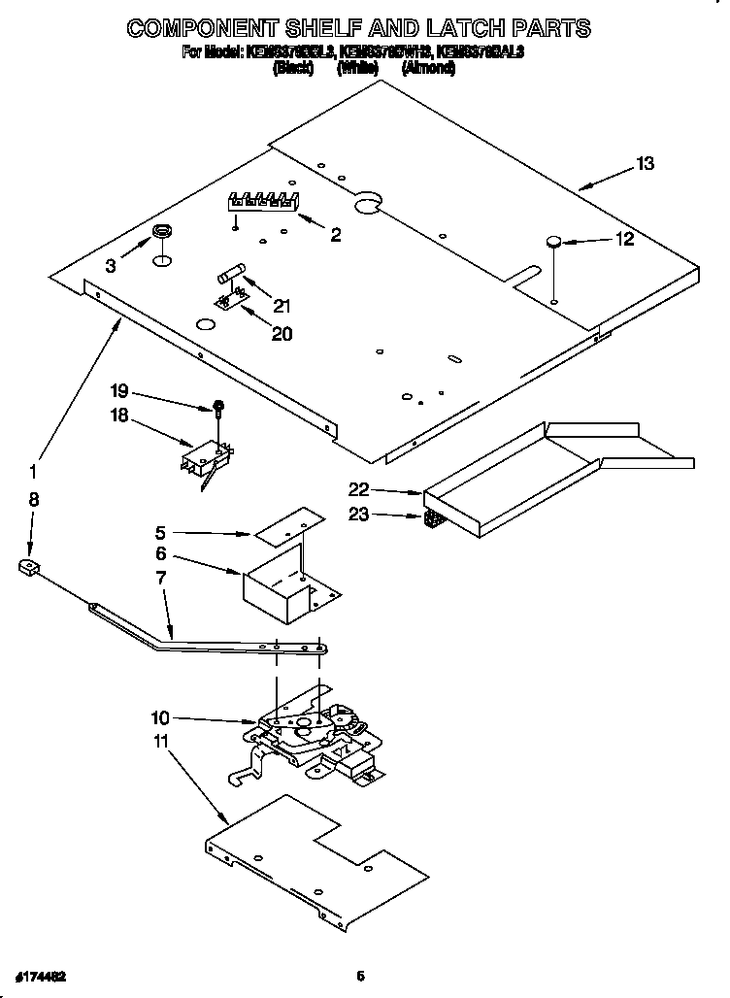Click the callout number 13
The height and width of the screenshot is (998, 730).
(x=645, y=164)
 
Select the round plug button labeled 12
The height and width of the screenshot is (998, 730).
(x=553, y=242)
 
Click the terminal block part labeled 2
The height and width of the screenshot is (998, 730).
(x=261, y=201)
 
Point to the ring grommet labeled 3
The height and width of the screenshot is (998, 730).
(x=161, y=232)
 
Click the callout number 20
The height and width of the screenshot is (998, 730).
(x=282, y=333)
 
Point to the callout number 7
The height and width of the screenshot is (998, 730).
(x=160, y=578)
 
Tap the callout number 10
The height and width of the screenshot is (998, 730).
(x=160, y=718)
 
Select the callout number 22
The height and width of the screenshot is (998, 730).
(x=358, y=489)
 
